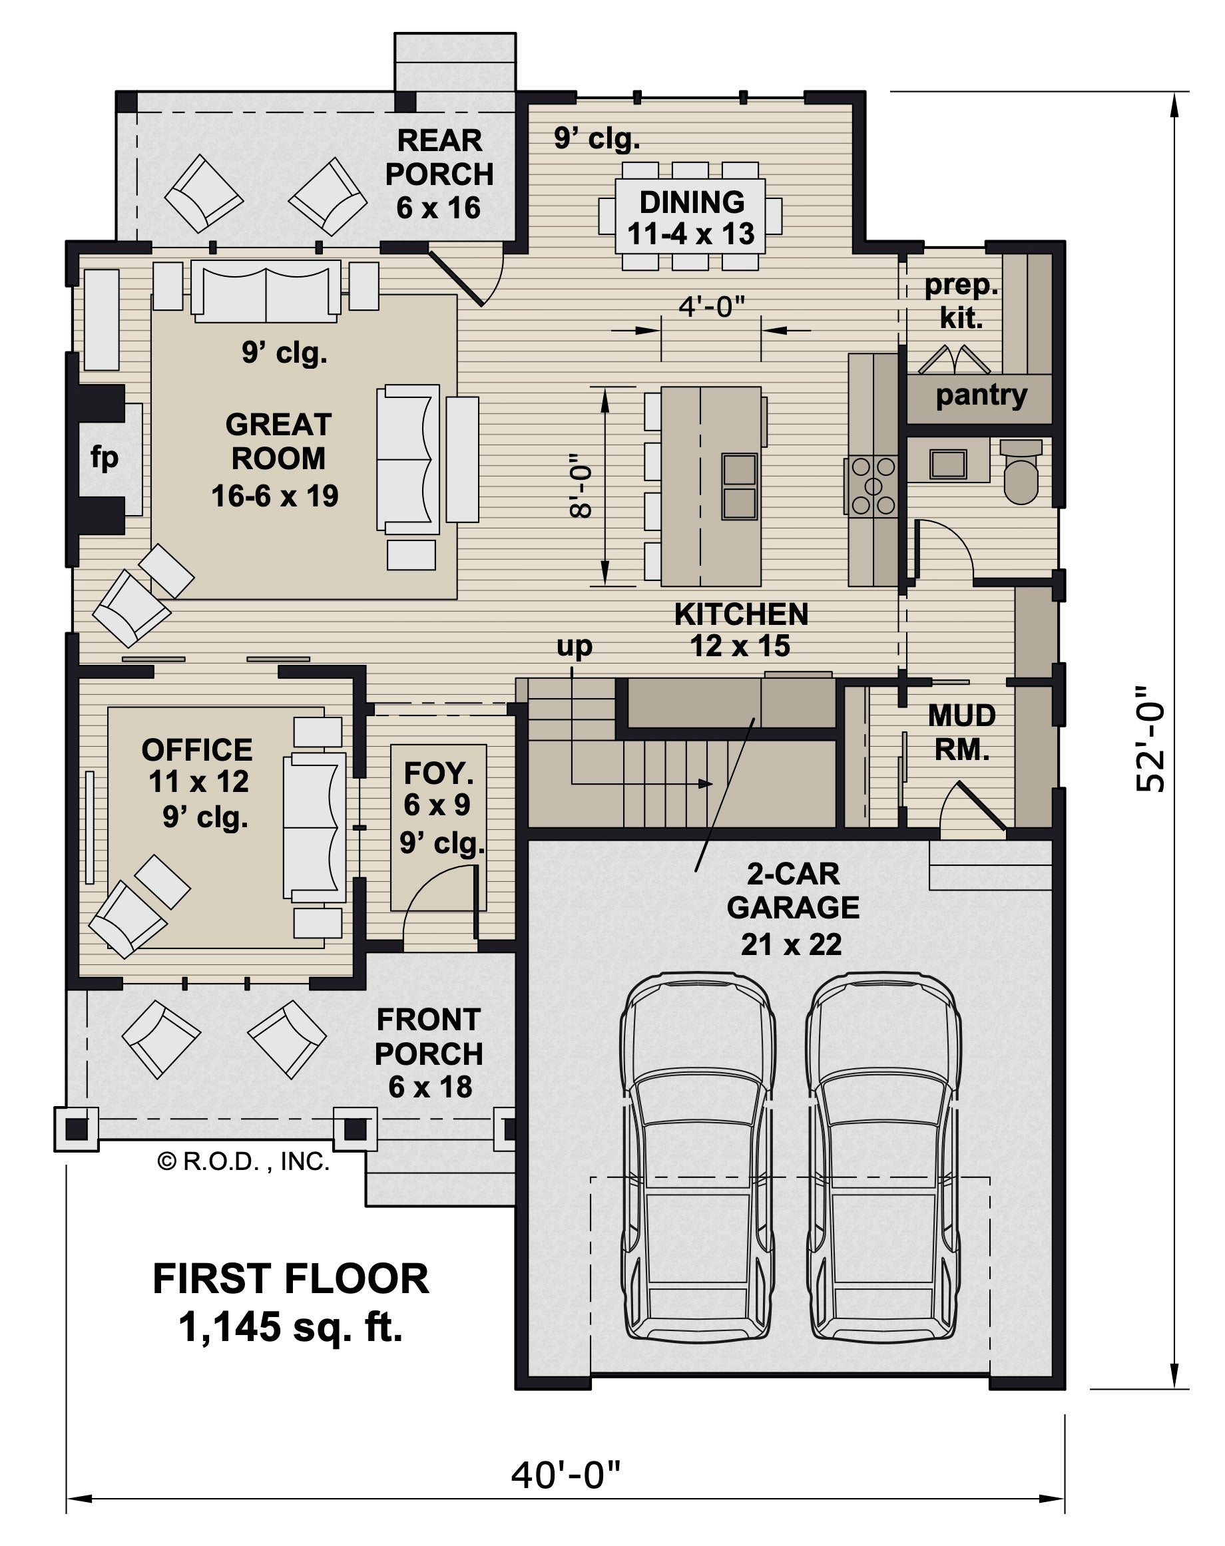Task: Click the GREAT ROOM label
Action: point(278,441)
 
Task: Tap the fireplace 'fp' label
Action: point(105,457)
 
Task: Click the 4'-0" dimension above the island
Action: point(712,306)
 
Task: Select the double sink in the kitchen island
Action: point(740,486)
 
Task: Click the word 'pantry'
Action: point(981,395)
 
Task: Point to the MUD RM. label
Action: point(962,732)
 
